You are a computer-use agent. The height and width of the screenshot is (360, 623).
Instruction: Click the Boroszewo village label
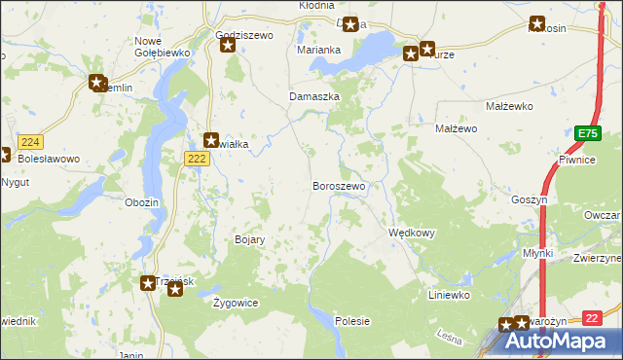click(x=339, y=185)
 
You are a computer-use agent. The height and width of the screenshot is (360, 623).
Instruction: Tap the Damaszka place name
click(x=314, y=97)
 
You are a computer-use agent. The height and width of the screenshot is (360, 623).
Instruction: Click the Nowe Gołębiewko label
click(x=148, y=46)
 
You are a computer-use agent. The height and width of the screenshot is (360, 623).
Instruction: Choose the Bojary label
click(x=250, y=239)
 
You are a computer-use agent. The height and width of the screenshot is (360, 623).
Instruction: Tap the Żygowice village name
click(x=236, y=303)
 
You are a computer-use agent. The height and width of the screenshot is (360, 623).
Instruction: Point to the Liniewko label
click(x=450, y=294)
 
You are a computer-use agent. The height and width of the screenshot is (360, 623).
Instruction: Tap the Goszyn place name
click(x=531, y=198)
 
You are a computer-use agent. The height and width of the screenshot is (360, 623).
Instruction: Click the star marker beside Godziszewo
click(x=230, y=45)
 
